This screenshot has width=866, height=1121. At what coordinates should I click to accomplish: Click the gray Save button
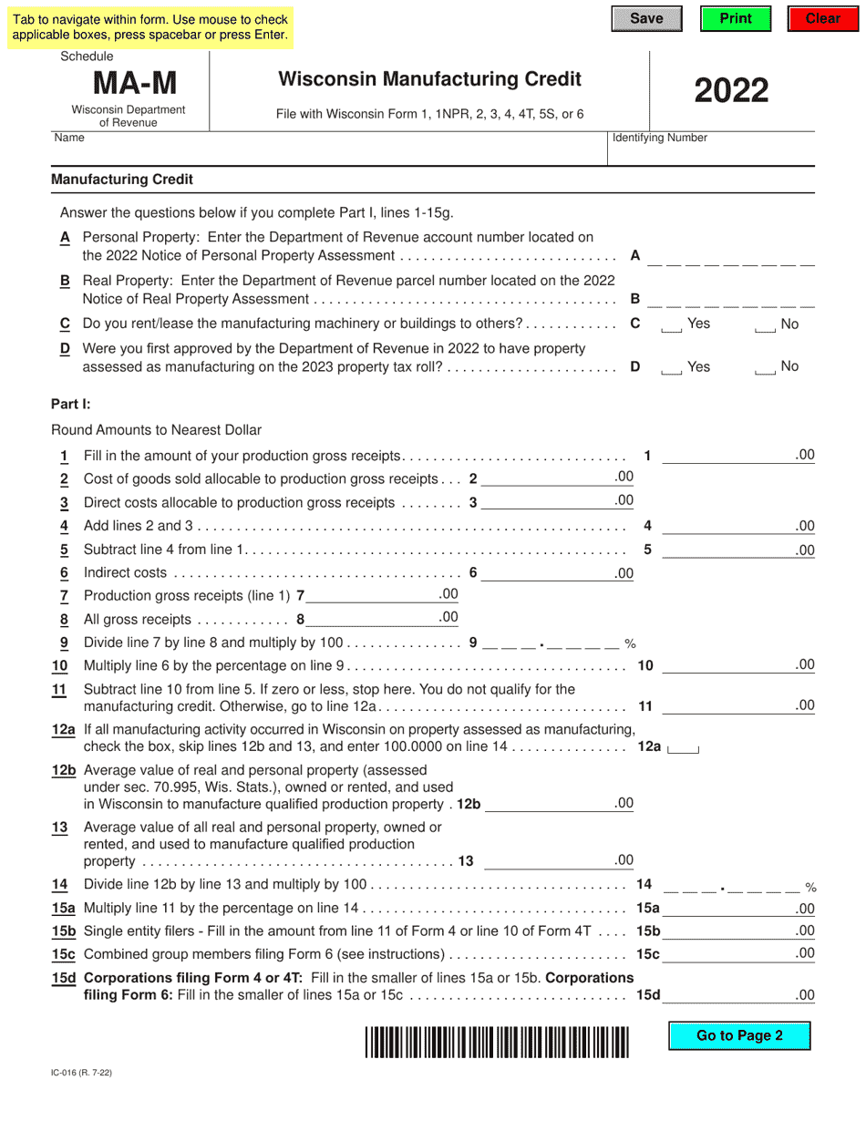pyautogui.click(x=646, y=19)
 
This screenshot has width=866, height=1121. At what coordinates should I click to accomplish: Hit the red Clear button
pyautogui.click(x=822, y=19)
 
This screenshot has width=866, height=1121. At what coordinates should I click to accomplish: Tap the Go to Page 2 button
pyautogui.click(x=739, y=1035)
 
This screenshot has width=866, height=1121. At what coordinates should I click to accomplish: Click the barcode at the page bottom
pyautogui.click(x=498, y=1042)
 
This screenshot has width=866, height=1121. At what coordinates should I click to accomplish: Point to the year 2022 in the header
pyautogui.click(x=732, y=90)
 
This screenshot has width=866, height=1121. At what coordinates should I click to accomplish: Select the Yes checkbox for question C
pyautogui.click(x=672, y=326)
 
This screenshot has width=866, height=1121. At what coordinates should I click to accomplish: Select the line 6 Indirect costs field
pyautogui.click(x=547, y=574)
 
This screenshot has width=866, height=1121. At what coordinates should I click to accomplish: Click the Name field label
pyautogui.click(x=69, y=138)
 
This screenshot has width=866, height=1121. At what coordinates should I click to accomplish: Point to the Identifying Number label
pyautogui.click(x=660, y=138)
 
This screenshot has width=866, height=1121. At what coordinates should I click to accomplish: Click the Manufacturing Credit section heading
pyautogui.click(x=122, y=180)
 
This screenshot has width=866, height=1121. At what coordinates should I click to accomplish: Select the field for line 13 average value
pyautogui.click(x=547, y=860)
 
